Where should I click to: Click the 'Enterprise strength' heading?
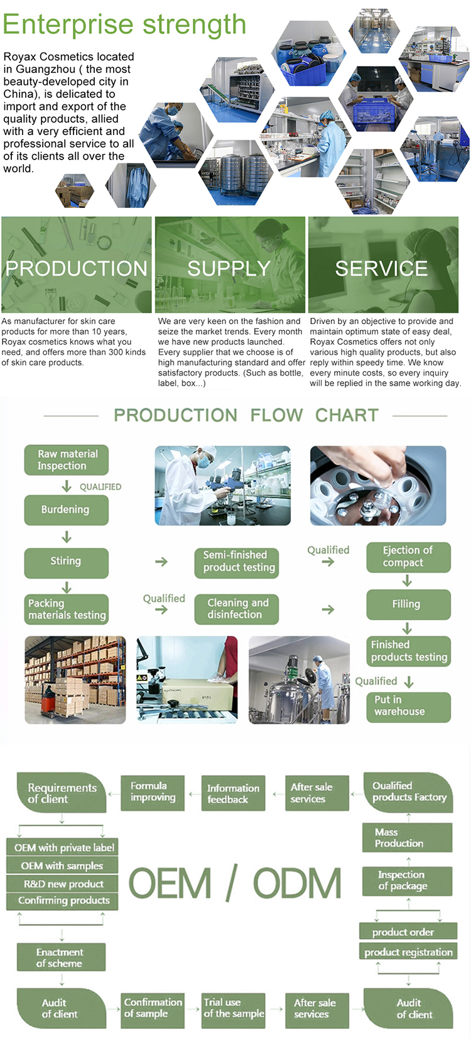(124, 24)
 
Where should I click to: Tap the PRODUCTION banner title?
(77, 269)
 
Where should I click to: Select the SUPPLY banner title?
(229, 269)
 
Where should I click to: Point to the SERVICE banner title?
(381, 269)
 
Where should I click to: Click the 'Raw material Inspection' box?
(67, 460)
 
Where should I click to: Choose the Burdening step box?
(67, 509)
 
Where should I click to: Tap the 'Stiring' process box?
(67, 563)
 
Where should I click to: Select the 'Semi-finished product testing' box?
(236, 563)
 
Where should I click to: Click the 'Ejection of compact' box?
(408, 557)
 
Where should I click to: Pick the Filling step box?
(408, 604)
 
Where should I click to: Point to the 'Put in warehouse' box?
(408, 707)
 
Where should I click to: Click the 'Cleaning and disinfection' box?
(236, 609)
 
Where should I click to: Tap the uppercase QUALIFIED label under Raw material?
(100, 487)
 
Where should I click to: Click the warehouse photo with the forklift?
(75, 680)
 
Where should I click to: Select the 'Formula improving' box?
(153, 793)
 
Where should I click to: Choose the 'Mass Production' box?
(407, 838)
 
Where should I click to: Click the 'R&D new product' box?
(62, 884)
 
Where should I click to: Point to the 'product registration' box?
(408, 952)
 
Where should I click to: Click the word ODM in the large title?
(296, 883)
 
